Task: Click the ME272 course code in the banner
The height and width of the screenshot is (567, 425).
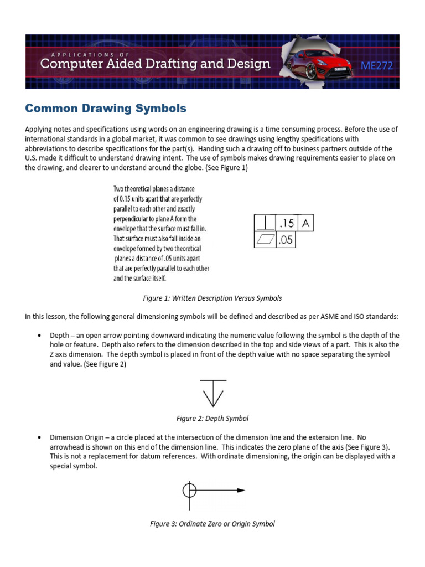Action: [376, 66]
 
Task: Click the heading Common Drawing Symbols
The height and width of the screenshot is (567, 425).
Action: [106, 108]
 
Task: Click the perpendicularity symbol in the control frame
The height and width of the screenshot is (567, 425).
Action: [265, 224]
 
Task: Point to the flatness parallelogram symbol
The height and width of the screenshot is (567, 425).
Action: [265, 240]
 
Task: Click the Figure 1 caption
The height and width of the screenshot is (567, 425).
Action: [212, 298]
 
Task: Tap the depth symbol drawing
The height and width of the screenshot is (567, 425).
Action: [213, 393]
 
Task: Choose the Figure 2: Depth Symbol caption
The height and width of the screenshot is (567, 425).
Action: [213, 418]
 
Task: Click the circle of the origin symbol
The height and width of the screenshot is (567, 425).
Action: [189, 490]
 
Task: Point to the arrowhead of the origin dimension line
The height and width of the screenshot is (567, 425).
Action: [241, 490]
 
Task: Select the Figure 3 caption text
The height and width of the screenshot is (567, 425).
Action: [212, 523]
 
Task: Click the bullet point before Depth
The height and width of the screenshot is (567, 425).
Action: [39, 336]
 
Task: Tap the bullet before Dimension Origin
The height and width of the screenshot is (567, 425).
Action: [39, 437]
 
